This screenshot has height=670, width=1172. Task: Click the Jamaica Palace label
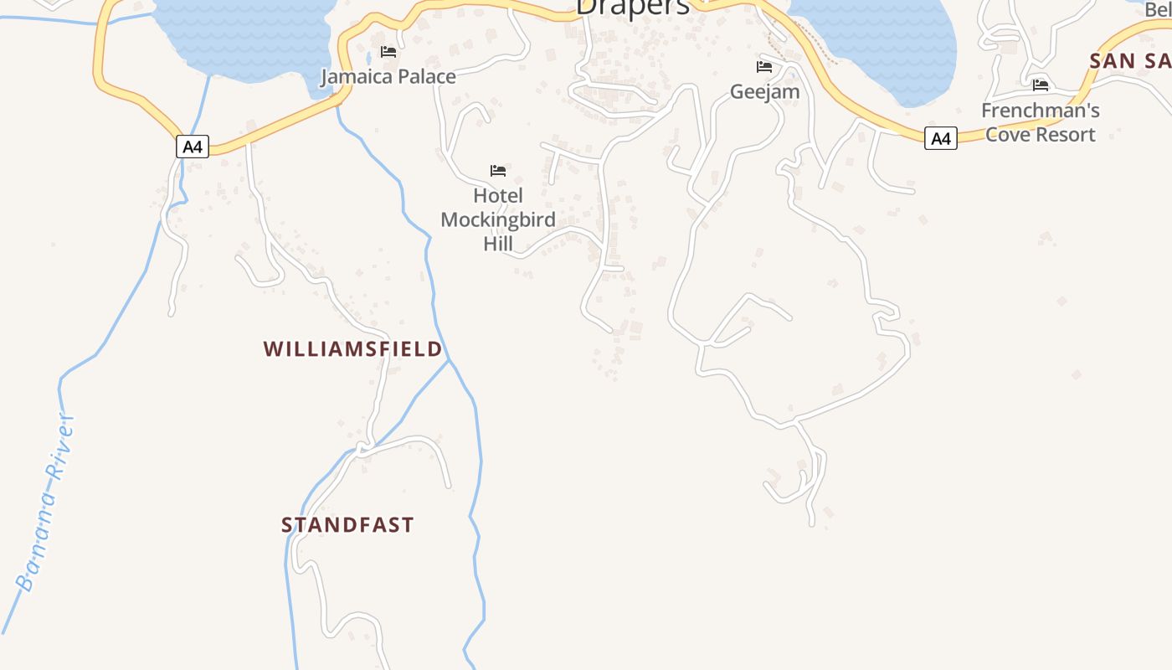pos(388,76)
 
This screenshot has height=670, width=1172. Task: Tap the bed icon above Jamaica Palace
pos(388,52)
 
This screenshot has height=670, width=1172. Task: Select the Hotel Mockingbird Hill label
pos(498,219)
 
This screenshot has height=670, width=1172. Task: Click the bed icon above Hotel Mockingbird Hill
pos(498,171)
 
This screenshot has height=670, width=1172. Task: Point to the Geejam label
pos(764,91)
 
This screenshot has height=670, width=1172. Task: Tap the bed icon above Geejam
pos(764,67)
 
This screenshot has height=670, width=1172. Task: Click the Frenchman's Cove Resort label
pos(1040,122)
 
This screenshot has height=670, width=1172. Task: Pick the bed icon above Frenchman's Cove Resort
pos(1041,85)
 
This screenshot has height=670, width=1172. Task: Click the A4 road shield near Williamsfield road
pos(193,147)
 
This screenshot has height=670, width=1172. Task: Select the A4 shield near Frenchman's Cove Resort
pos(941,138)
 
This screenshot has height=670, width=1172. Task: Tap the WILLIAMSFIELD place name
pos(352,348)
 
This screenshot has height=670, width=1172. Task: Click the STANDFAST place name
pos(347,525)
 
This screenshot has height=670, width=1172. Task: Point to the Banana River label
pos(46,502)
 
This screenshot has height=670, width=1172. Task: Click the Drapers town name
pos(633,7)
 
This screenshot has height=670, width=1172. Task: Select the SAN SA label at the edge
pos(1129,60)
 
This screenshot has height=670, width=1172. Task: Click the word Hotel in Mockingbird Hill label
pos(498,195)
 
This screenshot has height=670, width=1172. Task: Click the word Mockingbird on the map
pos(498,219)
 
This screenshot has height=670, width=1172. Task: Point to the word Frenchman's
pos(1040,111)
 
